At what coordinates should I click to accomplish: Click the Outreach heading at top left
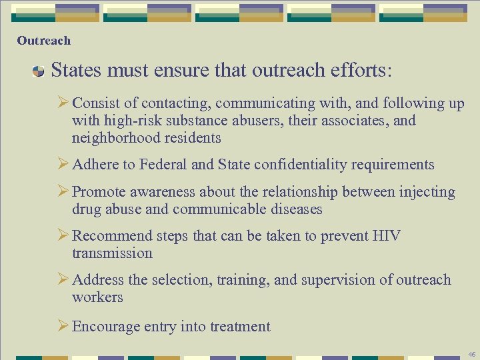43,41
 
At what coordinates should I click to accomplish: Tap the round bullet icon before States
38,71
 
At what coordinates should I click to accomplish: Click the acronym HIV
387,236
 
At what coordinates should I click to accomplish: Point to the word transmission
112,253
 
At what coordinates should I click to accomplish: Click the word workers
97,297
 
